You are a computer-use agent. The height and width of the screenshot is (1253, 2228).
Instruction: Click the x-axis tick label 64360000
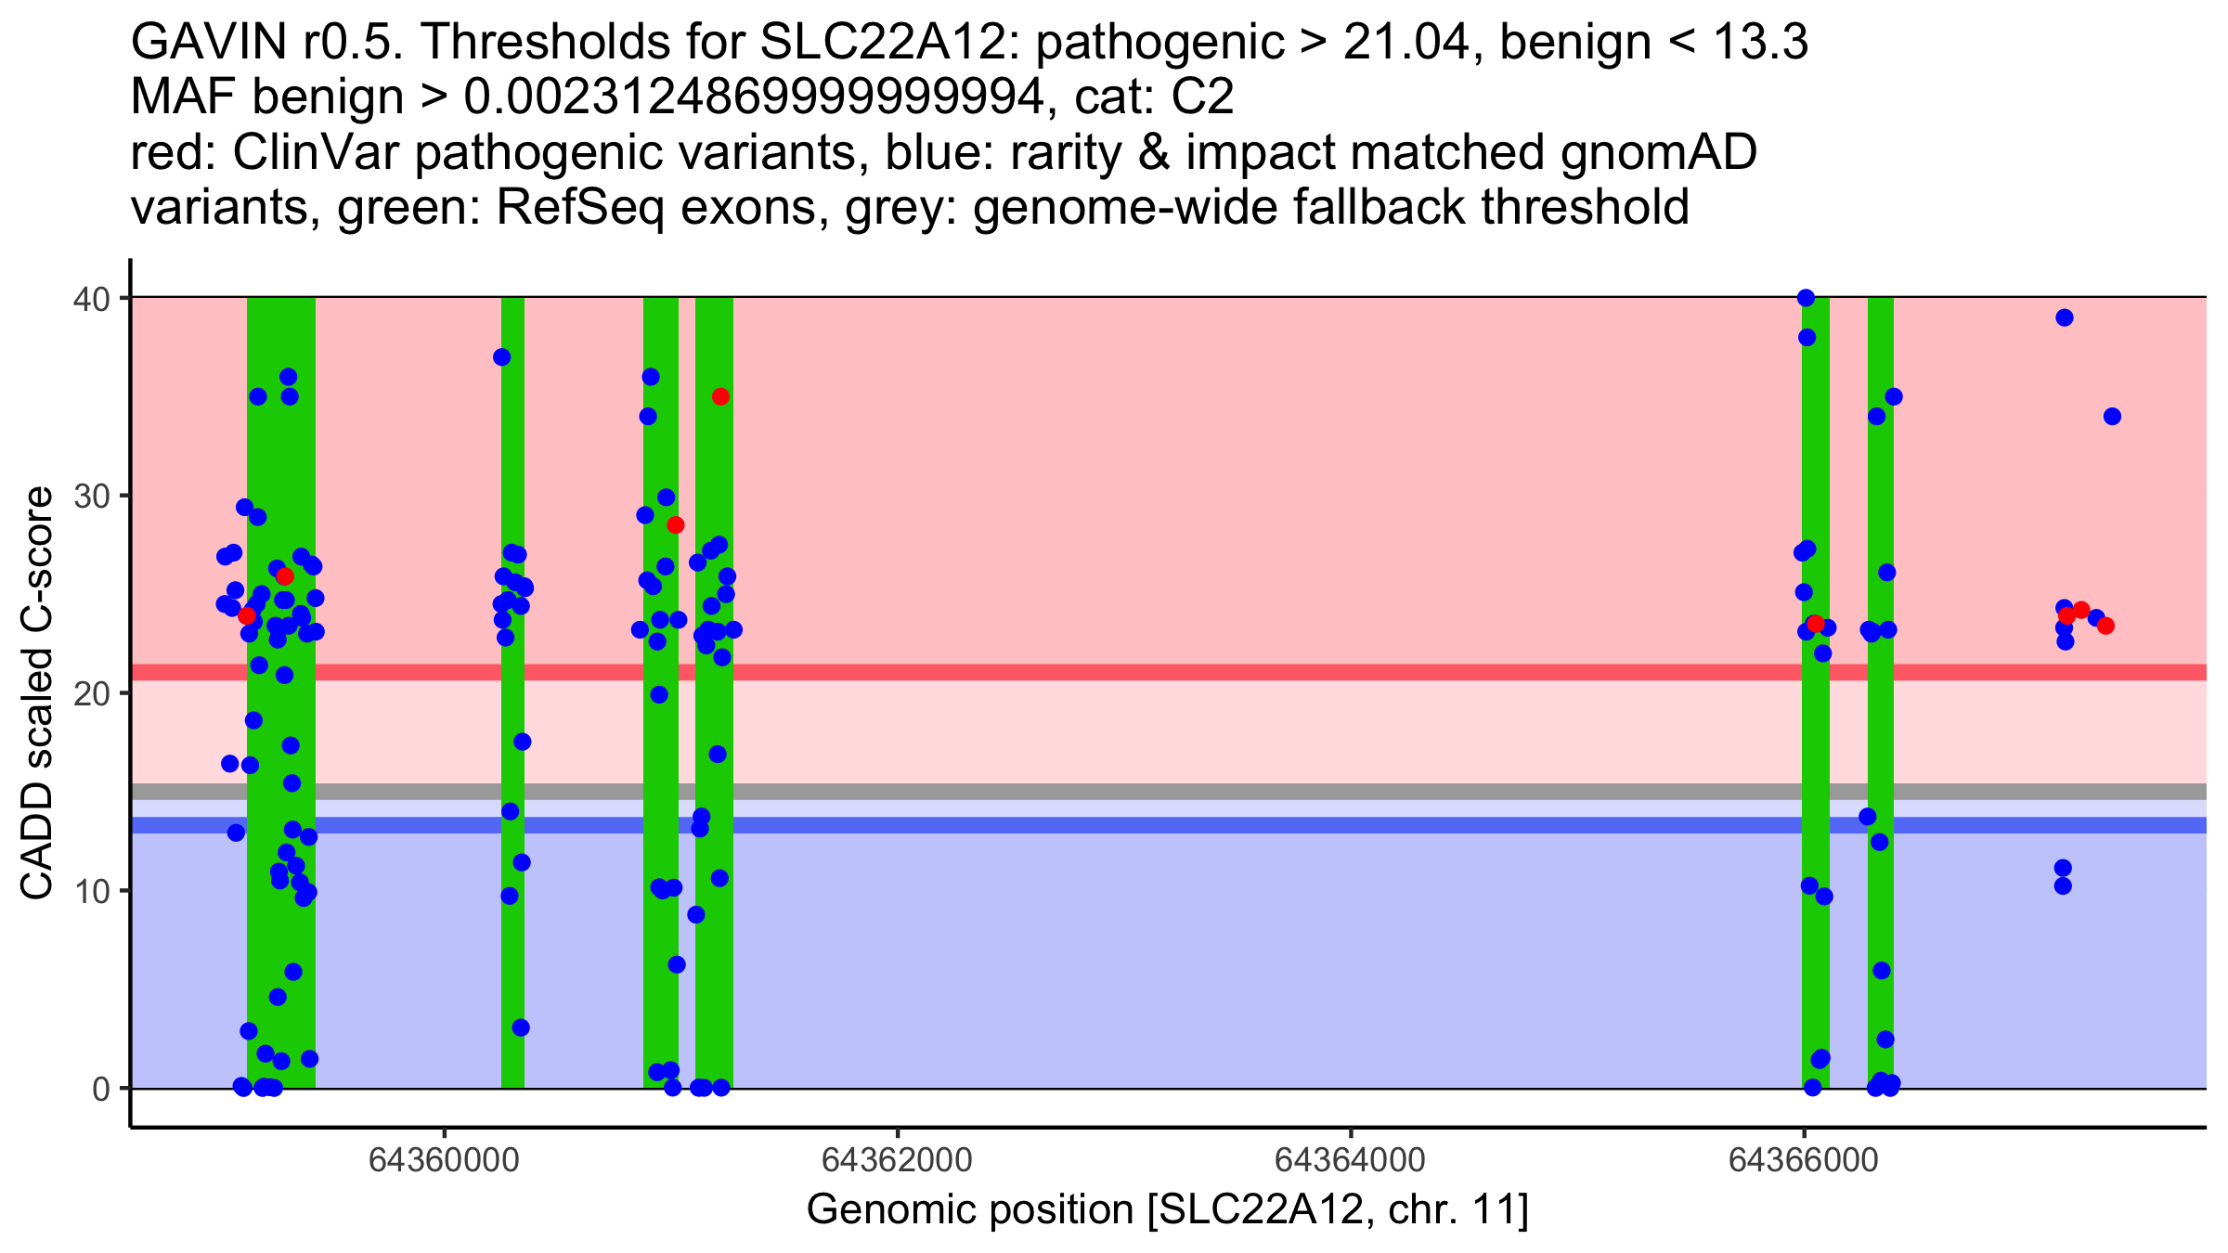click(x=446, y=1161)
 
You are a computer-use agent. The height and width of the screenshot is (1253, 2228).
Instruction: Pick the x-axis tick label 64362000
click(x=898, y=1161)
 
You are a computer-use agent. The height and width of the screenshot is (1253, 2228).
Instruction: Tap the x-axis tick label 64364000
click(x=1350, y=1161)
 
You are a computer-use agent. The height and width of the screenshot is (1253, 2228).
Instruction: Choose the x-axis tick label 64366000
click(x=1803, y=1161)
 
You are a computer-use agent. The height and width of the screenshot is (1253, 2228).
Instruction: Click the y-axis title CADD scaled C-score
click(x=37, y=694)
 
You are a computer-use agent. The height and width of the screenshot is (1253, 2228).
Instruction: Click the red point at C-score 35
click(x=720, y=397)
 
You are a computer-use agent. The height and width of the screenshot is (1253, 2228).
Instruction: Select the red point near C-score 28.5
click(x=675, y=525)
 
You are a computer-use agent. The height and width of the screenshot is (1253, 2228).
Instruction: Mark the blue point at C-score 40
click(x=1806, y=298)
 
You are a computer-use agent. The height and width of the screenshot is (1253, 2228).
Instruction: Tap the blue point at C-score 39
click(x=2065, y=317)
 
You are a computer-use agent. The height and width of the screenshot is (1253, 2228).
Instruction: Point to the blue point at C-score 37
click(x=502, y=357)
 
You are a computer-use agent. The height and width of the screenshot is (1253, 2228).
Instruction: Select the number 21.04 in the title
click(x=1405, y=42)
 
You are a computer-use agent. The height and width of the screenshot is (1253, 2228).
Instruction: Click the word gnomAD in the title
click(x=1658, y=152)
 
